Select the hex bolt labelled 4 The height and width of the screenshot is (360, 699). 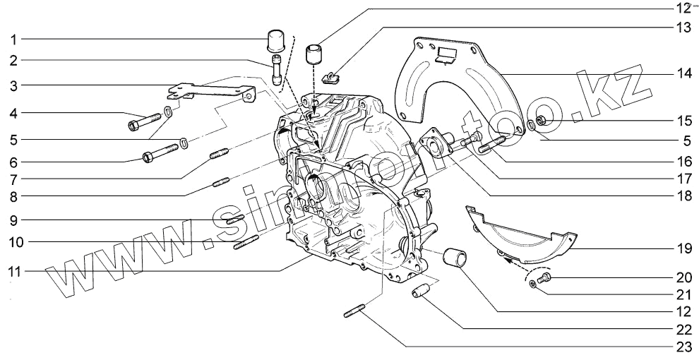click(x=141, y=124)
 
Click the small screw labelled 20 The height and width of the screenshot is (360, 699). click(x=544, y=280)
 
